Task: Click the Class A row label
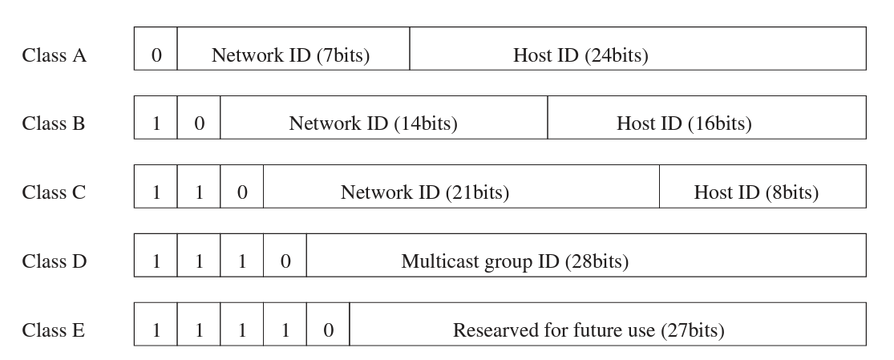[54, 56]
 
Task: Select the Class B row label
[54, 124]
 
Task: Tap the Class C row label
[54, 193]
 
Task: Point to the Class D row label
[54, 262]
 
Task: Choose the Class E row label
[54, 330]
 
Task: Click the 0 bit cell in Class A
[156, 56]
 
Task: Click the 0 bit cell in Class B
[199, 124]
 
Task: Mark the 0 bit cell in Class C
[242, 193]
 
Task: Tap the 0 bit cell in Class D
[285, 262]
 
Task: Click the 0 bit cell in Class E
[328, 330]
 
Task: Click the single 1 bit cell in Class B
[156, 124]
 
